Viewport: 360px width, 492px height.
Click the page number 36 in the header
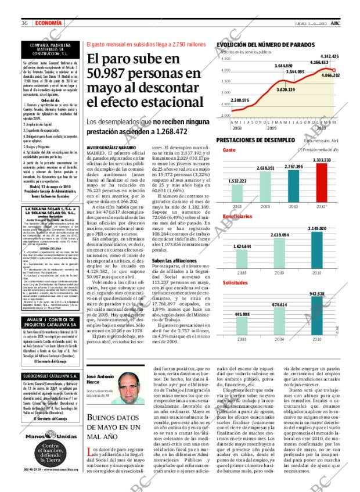25,23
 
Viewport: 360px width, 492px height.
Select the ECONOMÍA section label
46,23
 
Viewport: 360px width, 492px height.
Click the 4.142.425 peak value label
329,56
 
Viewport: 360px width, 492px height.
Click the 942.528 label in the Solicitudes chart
317,294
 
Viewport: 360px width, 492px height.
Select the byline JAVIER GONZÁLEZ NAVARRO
111,148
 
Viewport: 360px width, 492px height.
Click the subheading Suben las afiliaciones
172,244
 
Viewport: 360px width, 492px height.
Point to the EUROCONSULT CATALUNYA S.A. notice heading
52,377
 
